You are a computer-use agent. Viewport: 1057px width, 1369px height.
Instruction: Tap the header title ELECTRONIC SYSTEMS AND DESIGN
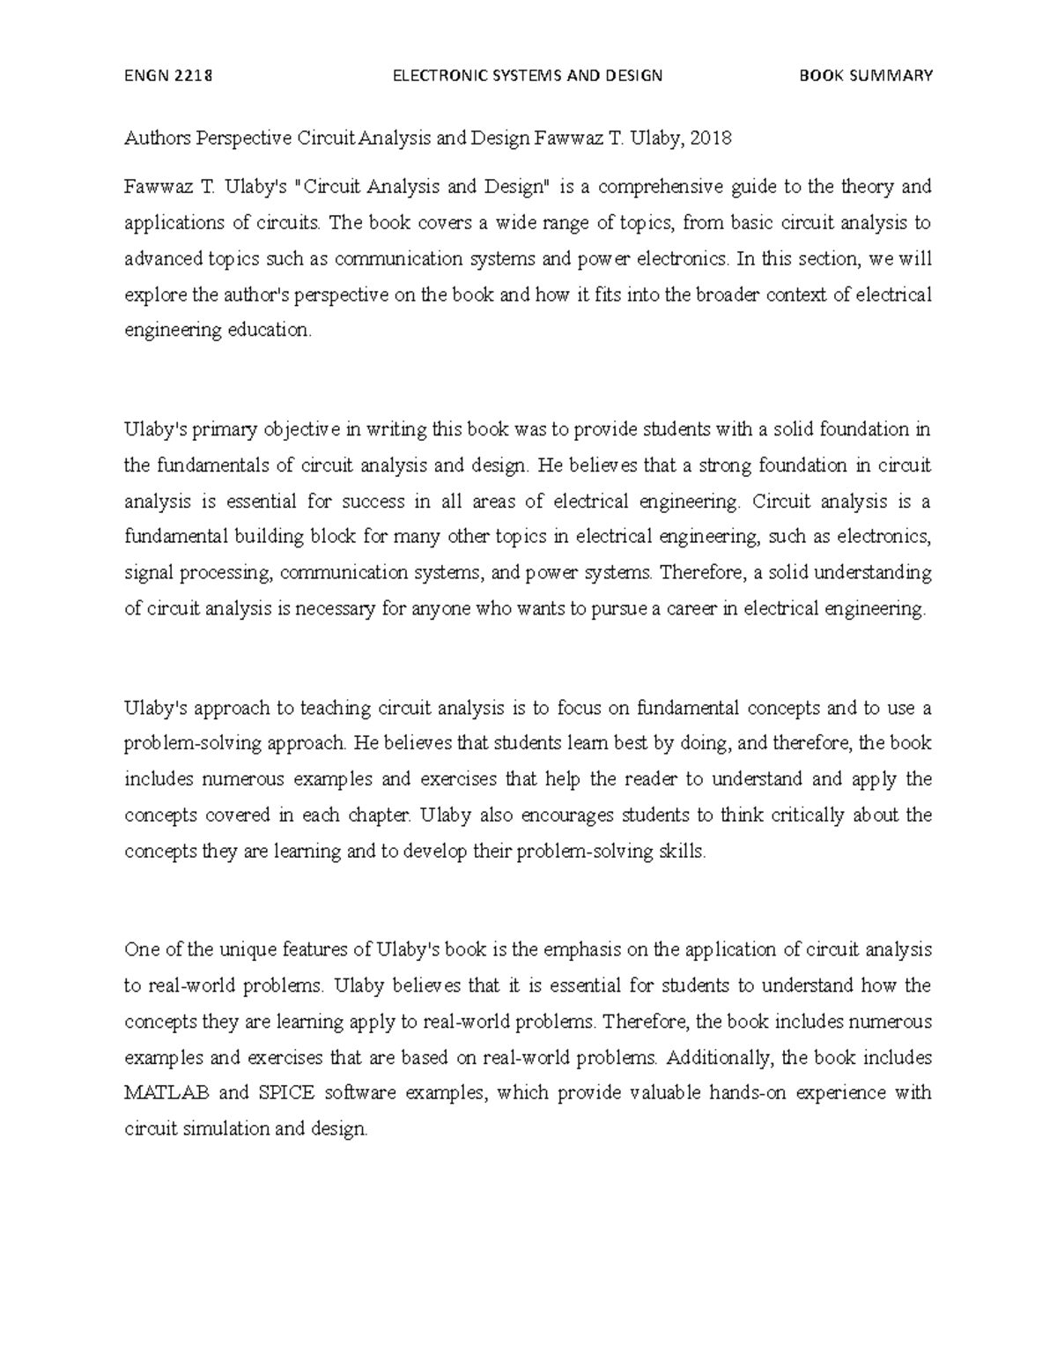[528, 75]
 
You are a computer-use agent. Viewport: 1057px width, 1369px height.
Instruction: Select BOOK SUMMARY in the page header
[865, 75]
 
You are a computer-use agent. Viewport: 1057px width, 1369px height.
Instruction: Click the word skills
[683, 852]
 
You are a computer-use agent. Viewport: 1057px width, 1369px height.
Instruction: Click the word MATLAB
[167, 1093]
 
